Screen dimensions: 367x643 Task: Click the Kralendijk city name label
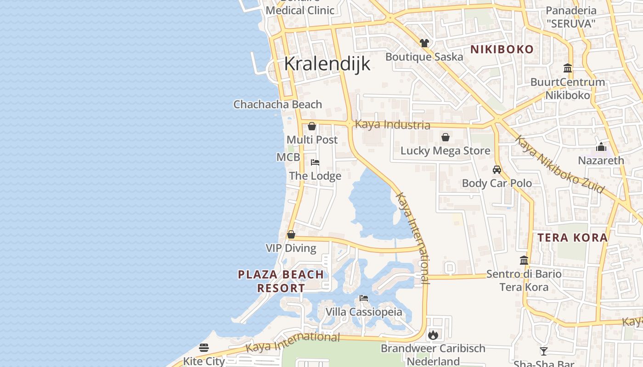(x=327, y=64)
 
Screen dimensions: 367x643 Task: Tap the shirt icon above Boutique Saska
(x=424, y=43)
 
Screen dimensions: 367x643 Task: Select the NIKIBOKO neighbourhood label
(x=502, y=50)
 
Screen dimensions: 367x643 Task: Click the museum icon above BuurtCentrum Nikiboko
(x=568, y=68)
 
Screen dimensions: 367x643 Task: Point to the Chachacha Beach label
(x=277, y=105)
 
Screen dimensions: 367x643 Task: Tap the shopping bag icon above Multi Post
(x=312, y=126)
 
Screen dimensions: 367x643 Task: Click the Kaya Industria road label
(x=392, y=125)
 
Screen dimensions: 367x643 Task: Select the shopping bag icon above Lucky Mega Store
(x=445, y=137)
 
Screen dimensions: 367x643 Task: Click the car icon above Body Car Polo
(x=496, y=170)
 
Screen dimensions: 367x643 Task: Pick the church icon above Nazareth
(x=601, y=147)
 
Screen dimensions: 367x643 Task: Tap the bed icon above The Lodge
(x=315, y=162)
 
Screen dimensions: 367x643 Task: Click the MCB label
(x=288, y=157)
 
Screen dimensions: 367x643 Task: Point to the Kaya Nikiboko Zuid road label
(x=559, y=164)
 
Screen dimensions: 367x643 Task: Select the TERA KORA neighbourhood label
(x=572, y=238)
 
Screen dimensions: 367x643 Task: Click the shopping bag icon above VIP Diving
(x=291, y=235)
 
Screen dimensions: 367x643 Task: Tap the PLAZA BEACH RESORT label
(x=281, y=281)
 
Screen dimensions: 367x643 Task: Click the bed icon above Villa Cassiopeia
(x=364, y=298)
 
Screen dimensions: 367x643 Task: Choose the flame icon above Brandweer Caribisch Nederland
(x=433, y=335)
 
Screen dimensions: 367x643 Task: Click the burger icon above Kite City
(x=204, y=348)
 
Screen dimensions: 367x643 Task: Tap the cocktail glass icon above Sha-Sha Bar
(x=544, y=351)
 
